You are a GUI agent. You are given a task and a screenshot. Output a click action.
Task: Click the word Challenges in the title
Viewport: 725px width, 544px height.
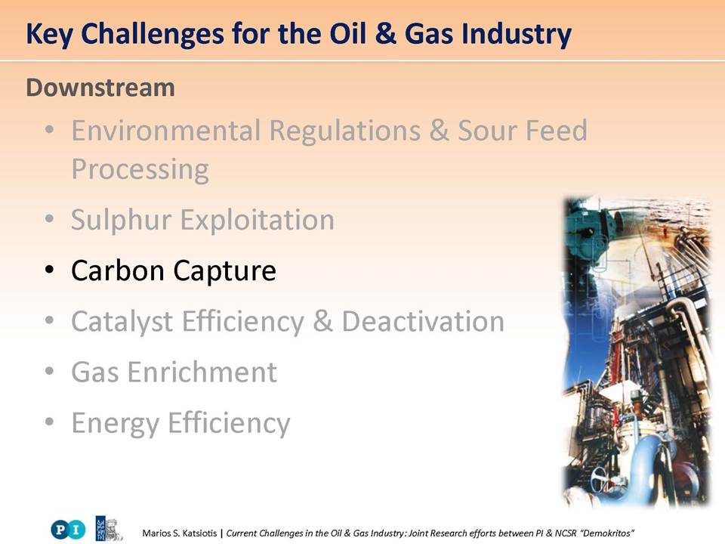point(153,34)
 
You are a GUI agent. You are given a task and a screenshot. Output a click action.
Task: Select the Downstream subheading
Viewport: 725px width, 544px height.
point(100,88)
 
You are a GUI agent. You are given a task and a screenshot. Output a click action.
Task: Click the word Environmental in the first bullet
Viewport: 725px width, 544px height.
point(166,130)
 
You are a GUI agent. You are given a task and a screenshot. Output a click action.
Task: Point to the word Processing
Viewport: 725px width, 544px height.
point(140,170)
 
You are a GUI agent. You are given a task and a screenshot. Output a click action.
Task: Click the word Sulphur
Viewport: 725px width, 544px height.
point(121,220)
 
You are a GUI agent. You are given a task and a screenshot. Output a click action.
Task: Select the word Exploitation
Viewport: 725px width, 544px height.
point(257,219)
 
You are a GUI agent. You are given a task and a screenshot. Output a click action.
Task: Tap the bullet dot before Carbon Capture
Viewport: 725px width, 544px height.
point(50,269)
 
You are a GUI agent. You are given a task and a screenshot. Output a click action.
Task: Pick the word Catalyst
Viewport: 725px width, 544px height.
point(122,322)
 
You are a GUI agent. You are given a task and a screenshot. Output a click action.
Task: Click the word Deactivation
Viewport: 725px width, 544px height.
point(423,321)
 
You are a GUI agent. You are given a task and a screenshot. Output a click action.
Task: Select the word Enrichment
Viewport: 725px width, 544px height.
point(202,372)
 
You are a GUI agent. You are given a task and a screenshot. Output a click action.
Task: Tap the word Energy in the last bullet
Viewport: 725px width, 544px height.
point(115,424)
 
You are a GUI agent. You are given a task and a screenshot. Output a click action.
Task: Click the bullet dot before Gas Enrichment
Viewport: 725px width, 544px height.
point(50,370)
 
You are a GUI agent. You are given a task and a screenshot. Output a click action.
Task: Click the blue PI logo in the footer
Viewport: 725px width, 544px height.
point(69,529)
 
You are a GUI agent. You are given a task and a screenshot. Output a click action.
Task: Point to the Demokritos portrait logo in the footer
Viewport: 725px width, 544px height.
point(109,528)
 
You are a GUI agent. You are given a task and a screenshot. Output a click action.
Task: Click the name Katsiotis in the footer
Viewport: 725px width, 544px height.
point(199,533)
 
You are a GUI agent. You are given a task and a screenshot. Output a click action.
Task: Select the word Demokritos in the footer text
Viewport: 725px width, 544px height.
point(607,533)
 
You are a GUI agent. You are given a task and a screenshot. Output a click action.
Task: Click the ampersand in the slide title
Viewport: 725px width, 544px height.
point(386,34)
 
